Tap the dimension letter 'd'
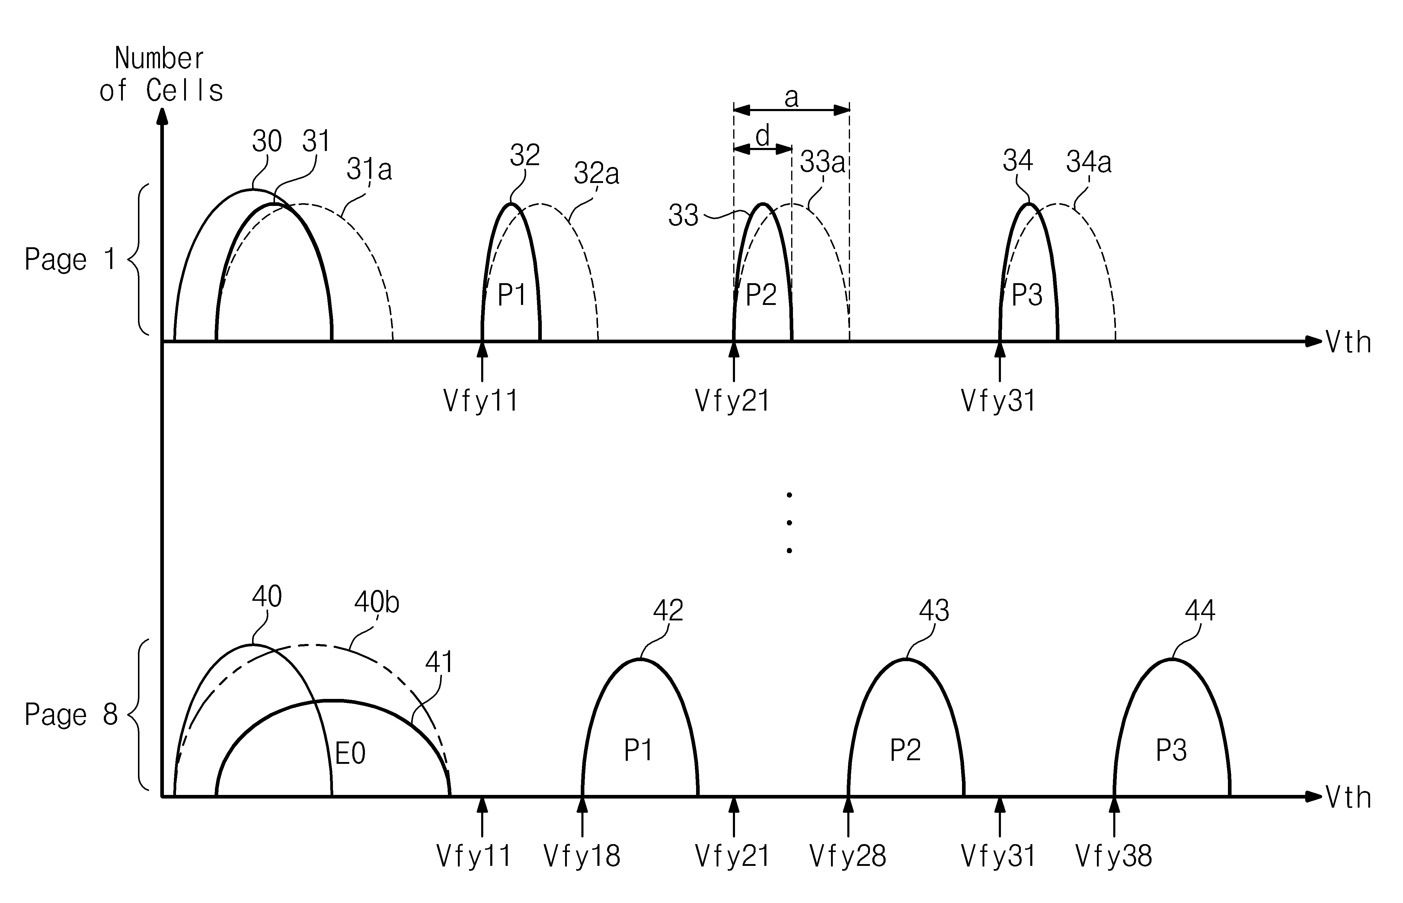click(762, 137)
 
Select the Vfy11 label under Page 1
click(481, 401)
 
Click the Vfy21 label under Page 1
click(732, 401)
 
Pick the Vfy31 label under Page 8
click(999, 856)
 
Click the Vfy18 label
click(582, 856)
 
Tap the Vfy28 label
click(848, 856)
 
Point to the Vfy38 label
click(1113, 856)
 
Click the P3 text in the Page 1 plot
click(1027, 295)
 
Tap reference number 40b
click(376, 602)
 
